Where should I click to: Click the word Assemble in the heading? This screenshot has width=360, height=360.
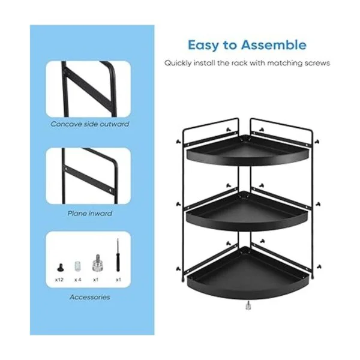pyautogui.click(x=274, y=44)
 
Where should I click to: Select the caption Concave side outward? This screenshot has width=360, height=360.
pyautogui.click(x=90, y=124)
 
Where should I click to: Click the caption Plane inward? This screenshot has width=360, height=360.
pyautogui.click(x=90, y=214)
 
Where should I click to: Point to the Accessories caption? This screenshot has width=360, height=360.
pyautogui.click(x=90, y=297)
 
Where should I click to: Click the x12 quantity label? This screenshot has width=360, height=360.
pyautogui.click(x=59, y=280)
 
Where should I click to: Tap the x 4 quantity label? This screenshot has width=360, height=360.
pyautogui.click(x=78, y=280)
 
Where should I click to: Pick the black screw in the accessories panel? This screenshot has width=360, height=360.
pyautogui.click(x=60, y=268)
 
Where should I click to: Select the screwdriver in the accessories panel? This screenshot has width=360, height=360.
pyautogui.click(x=118, y=255)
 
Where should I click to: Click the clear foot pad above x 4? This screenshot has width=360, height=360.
pyautogui.click(x=78, y=266)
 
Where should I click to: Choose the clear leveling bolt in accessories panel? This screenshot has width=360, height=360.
pyautogui.click(x=97, y=263)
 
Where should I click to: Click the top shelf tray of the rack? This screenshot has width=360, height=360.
pyautogui.click(x=248, y=151)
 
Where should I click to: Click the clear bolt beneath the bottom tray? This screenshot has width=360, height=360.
pyautogui.click(x=248, y=306)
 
